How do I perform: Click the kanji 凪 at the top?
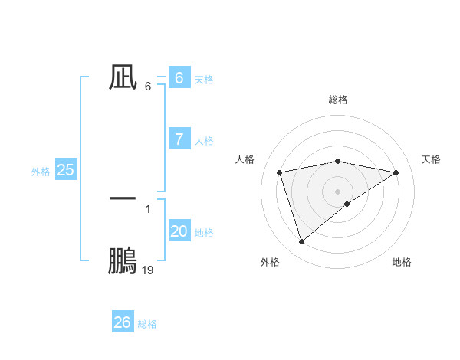[x=123, y=77]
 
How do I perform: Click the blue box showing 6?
[x=179, y=77]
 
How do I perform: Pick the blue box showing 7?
[x=179, y=139]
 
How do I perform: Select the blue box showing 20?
[x=179, y=231]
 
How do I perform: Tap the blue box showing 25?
[x=65, y=170]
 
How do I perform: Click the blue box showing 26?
[x=122, y=322]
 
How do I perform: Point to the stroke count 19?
[x=148, y=270]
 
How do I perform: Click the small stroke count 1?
[x=148, y=208]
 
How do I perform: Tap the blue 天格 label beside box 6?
[x=204, y=79]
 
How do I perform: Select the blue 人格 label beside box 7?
[x=204, y=141]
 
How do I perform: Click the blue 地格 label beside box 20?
[x=204, y=233]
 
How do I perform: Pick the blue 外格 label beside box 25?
[x=41, y=172]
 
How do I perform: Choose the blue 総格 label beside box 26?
[x=147, y=324]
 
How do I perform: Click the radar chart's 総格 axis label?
[x=337, y=100]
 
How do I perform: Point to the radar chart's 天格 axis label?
[x=431, y=159]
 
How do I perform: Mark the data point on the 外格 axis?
[x=301, y=242]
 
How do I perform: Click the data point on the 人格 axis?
[x=280, y=172]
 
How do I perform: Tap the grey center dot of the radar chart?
[x=337, y=191]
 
